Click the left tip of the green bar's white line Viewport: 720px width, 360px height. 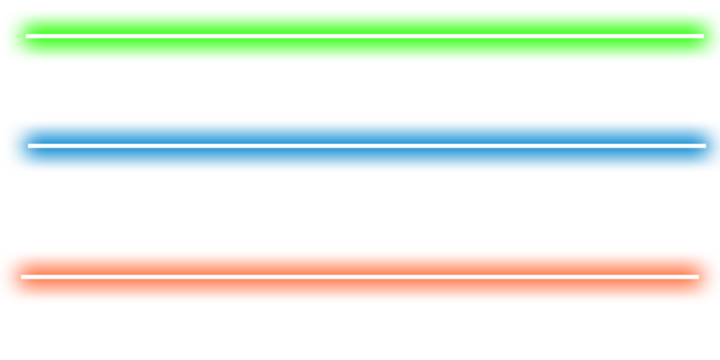point(27,36)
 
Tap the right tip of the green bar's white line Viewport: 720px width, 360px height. point(702,36)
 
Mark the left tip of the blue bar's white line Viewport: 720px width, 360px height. point(29,146)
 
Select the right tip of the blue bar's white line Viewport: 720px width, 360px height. point(705,146)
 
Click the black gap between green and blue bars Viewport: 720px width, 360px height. point(360,91)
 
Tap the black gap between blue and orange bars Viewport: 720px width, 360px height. point(360,211)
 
